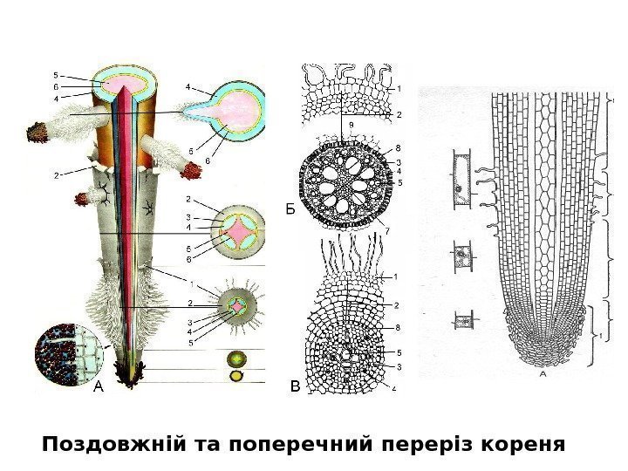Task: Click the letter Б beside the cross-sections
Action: [x=290, y=210]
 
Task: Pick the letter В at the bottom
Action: [x=294, y=385]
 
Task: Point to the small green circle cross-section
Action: [x=236, y=358]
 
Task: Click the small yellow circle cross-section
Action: [x=236, y=376]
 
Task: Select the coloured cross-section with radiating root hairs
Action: [x=237, y=306]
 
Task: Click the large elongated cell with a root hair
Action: [x=461, y=181]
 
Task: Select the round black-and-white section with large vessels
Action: [x=341, y=180]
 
